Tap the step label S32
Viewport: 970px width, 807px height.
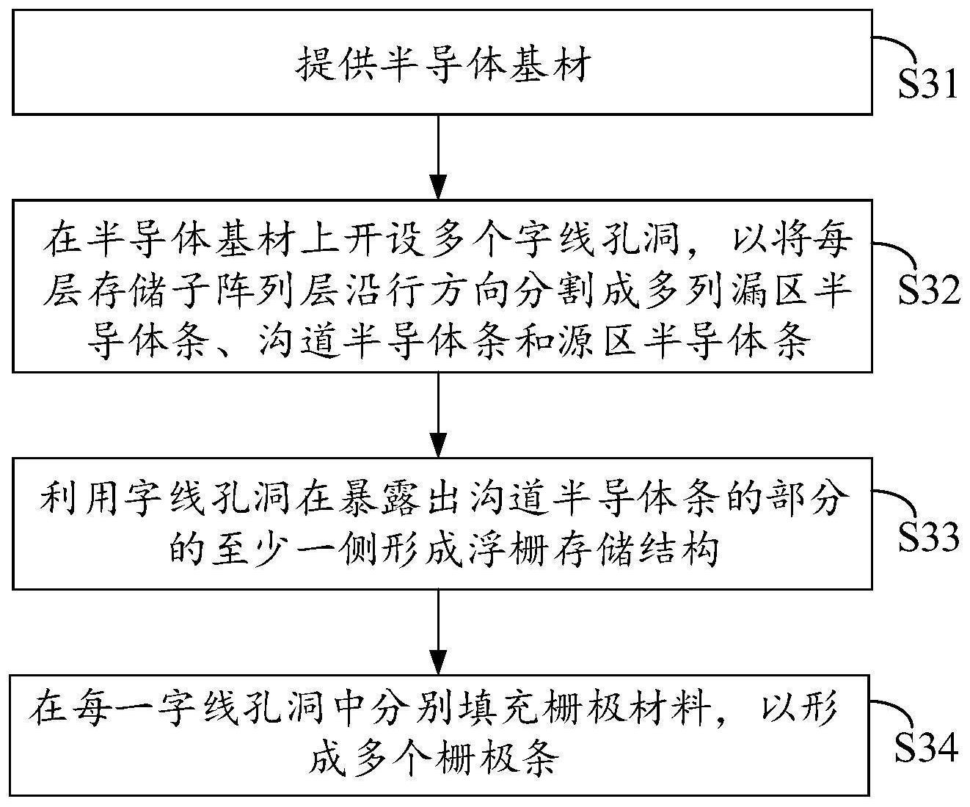pos(929,292)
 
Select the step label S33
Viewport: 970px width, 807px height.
pos(929,538)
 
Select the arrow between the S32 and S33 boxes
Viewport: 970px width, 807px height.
pos(438,415)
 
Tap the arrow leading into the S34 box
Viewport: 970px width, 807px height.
pos(438,630)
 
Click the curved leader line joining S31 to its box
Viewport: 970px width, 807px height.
pos(899,45)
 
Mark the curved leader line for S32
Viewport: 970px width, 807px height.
pos(899,253)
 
